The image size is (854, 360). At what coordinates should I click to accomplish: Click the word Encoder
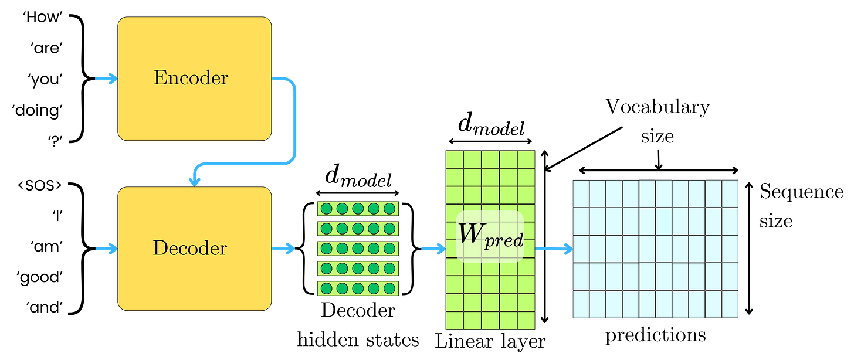click(x=191, y=78)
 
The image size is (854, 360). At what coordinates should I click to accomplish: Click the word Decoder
click(x=189, y=249)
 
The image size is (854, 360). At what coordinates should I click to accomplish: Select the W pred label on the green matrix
click(x=490, y=236)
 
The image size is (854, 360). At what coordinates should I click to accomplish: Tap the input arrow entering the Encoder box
click(x=106, y=79)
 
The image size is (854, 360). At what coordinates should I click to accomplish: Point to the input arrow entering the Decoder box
click(x=106, y=249)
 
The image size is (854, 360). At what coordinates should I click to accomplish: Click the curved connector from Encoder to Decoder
click(x=293, y=123)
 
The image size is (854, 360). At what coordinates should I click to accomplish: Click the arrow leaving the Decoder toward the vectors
click(x=284, y=249)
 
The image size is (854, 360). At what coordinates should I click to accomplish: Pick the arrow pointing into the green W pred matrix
click(x=433, y=249)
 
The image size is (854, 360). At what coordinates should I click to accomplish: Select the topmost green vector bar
click(x=357, y=209)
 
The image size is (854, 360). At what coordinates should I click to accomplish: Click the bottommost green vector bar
click(x=357, y=288)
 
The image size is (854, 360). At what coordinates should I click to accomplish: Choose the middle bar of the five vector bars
click(x=357, y=249)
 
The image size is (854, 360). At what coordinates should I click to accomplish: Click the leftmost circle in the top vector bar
click(x=326, y=209)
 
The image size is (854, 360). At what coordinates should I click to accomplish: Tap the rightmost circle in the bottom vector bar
click(x=389, y=288)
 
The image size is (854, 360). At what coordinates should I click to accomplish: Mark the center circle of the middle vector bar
click(x=358, y=249)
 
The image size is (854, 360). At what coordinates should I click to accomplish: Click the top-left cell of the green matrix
click(x=455, y=160)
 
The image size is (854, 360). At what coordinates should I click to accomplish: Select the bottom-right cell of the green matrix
click(x=526, y=320)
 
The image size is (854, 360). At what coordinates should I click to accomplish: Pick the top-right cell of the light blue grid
click(x=730, y=193)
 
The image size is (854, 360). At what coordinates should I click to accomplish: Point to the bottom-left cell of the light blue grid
click(x=581, y=305)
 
